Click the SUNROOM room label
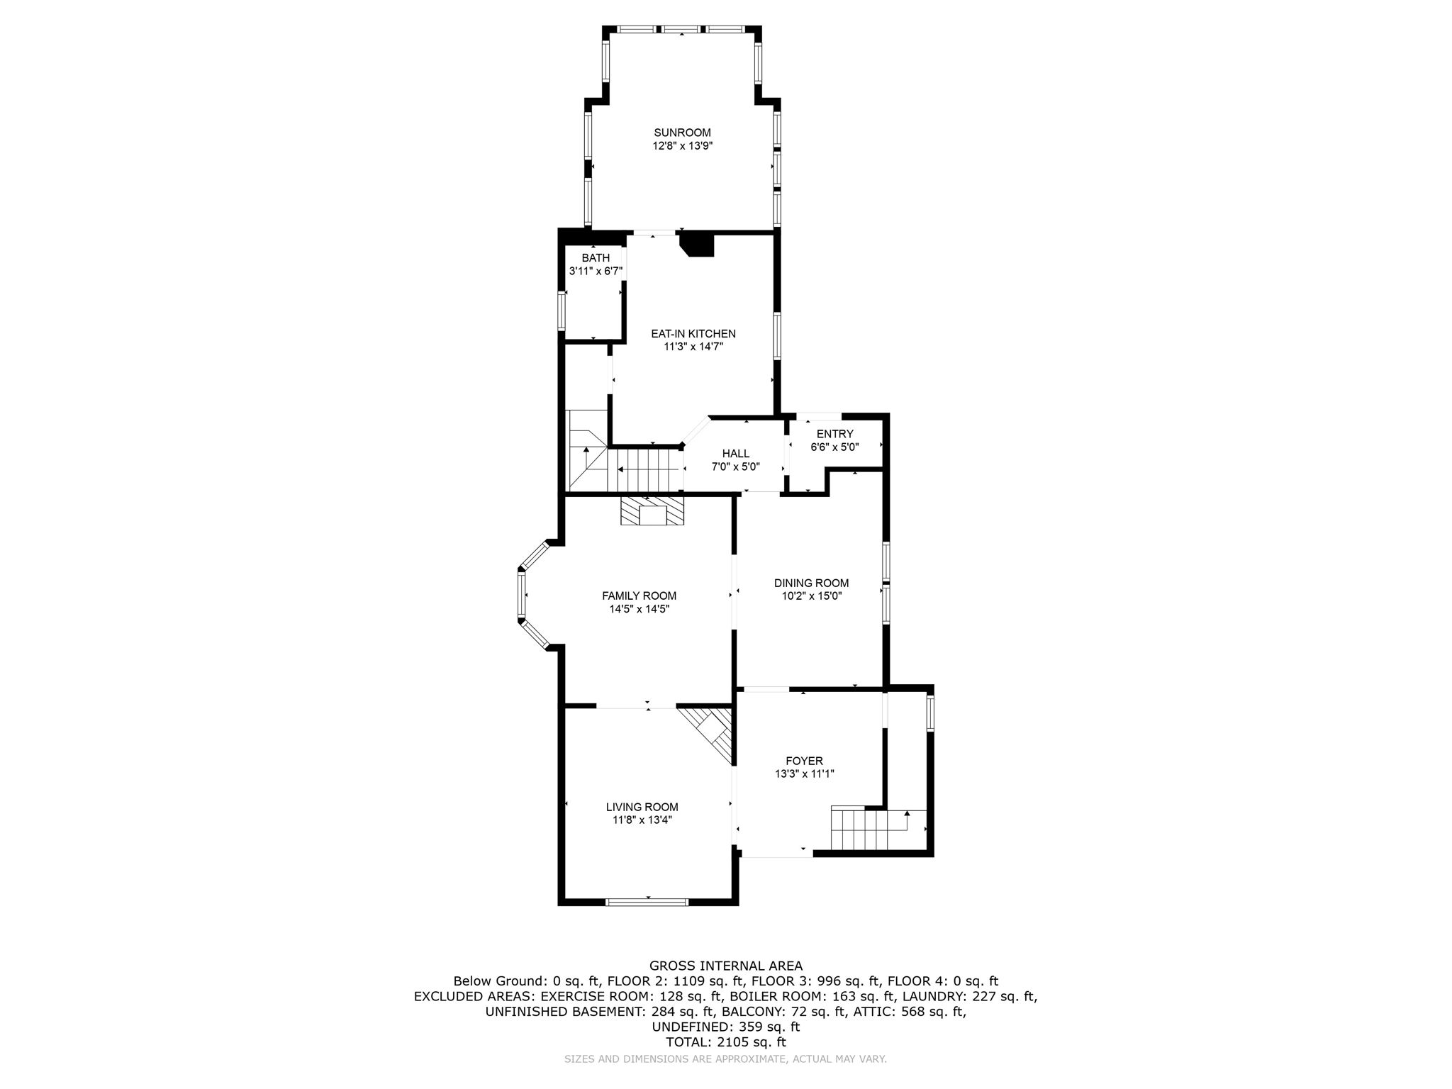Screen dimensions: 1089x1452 pyautogui.click(x=682, y=133)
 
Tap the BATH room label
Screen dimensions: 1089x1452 pyautogui.click(x=596, y=258)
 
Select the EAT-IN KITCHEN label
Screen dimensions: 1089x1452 pyautogui.click(x=693, y=333)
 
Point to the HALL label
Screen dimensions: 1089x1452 pyautogui.click(x=735, y=454)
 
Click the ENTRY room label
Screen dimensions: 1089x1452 pyautogui.click(x=834, y=434)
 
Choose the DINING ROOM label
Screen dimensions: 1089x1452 pyautogui.click(x=811, y=583)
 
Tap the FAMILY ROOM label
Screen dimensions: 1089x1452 pyautogui.click(x=639, y=596)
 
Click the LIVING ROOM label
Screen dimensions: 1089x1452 pyautogui.click(x=642, y=807)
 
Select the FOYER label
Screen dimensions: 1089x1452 pyautogui.click(x=804, y=761)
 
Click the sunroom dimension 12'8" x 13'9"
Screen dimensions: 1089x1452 pyautogui.click(x=682, y=146)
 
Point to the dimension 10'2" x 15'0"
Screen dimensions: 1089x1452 pyautogui.click(x=811, y=596)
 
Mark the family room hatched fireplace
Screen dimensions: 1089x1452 pyautogui.click(x=652, y=511)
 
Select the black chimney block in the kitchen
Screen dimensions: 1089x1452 pyautogui.click(x=698, y=245)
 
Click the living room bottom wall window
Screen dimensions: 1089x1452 pyautogui.click(x=647, y=902)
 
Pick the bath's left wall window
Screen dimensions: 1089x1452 pyautogui.click(x=562, y=312)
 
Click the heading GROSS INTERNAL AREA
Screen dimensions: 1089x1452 pyautogui.click(x=725, y=966)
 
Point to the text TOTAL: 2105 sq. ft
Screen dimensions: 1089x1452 pyautogui.click(x=725, y=1042)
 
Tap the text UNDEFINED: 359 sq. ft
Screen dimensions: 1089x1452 pyautogui.click(x=725, y=1027)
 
